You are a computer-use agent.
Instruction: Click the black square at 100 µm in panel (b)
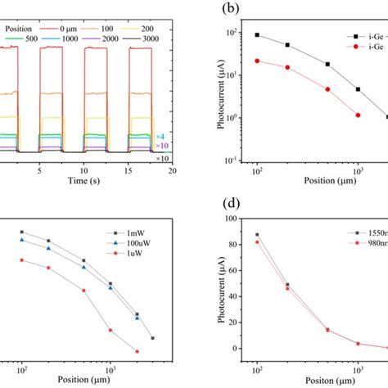[x=257, y=35]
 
